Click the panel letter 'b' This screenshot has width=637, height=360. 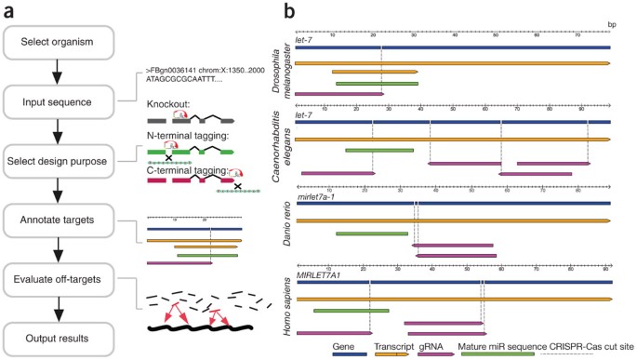tap(290, 11)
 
